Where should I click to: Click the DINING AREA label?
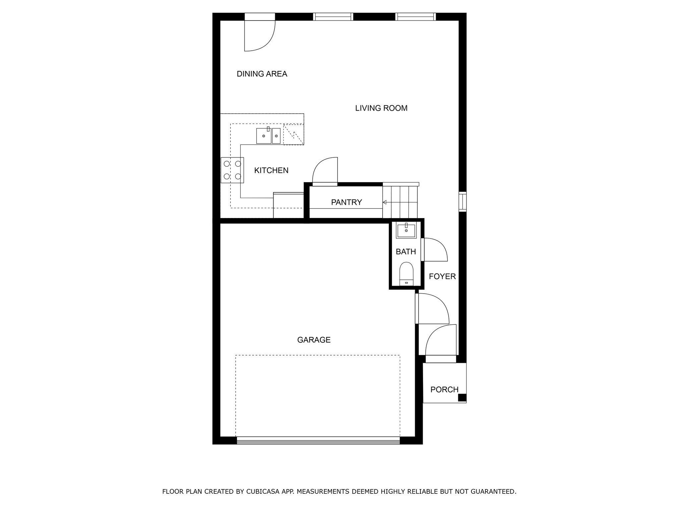point(262,74)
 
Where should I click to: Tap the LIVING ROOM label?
point(381,108)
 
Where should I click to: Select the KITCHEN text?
point(271,170)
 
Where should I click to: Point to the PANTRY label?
point(346,202)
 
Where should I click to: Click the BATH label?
point(405,252)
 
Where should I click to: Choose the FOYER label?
point(442,276)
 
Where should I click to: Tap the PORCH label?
point(444,389)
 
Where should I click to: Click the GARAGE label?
point(313,340)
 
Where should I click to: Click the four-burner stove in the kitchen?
point(232,170)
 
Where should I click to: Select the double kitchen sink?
point(268,136)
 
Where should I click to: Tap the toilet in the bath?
point(406,273)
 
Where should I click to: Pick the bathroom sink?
point(406,230)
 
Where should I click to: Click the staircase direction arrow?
point(385,202)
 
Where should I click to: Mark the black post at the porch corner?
point(462,398)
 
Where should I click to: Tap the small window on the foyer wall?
point(462,201)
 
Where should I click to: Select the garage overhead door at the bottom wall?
point(318,440)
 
